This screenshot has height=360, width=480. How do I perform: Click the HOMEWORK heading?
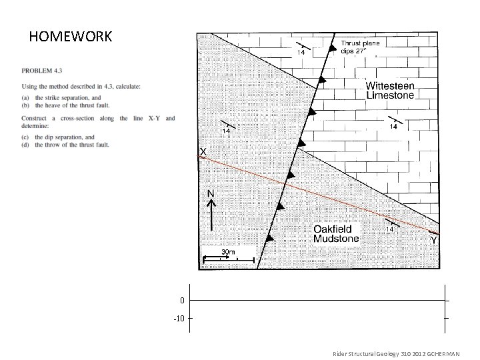[71, 36]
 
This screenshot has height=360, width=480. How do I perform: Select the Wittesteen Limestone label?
[390, 91]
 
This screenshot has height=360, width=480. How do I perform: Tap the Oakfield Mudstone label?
[336, 233]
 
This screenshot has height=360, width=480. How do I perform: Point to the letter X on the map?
[203, 152]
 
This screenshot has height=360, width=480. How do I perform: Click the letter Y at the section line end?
[434, 239]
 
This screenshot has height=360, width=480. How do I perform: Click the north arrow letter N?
[210, 193]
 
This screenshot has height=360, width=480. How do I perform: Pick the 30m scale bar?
[229, 259]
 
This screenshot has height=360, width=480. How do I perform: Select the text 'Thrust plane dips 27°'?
[360, 48]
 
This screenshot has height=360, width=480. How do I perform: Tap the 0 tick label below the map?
[181, 301]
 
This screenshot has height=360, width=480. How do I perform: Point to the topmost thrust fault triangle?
[333, 49]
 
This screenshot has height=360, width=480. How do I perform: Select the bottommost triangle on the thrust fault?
[269, 238]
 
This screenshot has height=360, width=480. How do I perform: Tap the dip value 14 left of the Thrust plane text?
[301, 51]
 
